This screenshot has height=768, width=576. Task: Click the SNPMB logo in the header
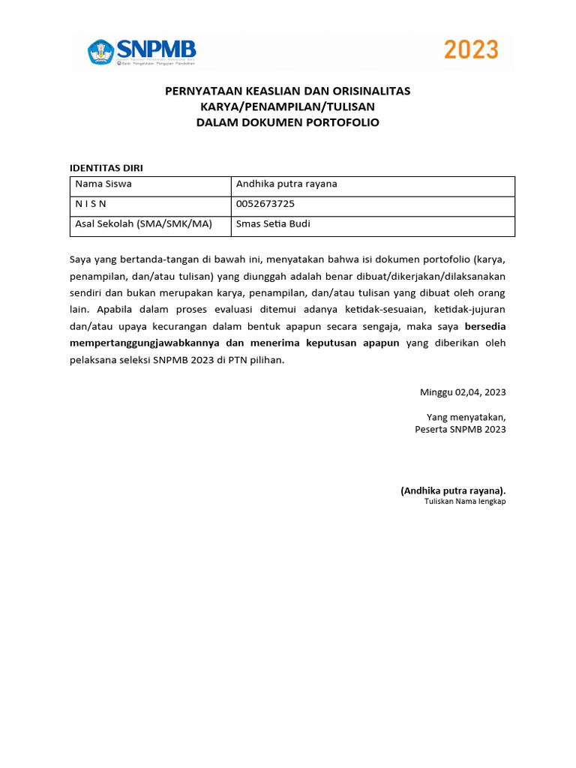pyautogui.click(x=142, y=51)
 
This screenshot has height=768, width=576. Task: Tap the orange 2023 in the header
pyautogui.click(x=471, y=50)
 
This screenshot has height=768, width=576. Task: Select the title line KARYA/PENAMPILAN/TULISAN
pyautogui.click(x=287, y=106)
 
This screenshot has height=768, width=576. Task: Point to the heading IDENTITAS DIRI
pyautogui.click(x=106, y=167)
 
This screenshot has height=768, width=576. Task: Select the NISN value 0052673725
pyautogui.click(x=265, y=203)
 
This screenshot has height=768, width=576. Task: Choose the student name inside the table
pyautogui.click(x=286, y=184)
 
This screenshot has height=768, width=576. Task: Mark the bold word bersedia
pyautogui.click(x=485, y=326)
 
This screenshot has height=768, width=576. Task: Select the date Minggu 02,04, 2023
pyautogui.click(x=463, y=391)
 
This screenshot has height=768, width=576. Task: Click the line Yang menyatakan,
pyautogui.click(x=466, y=417)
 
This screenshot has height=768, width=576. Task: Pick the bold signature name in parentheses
pyautogui.click(x=453, y=490)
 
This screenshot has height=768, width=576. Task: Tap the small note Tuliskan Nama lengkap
pyautogui.click(x=465, y=501)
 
